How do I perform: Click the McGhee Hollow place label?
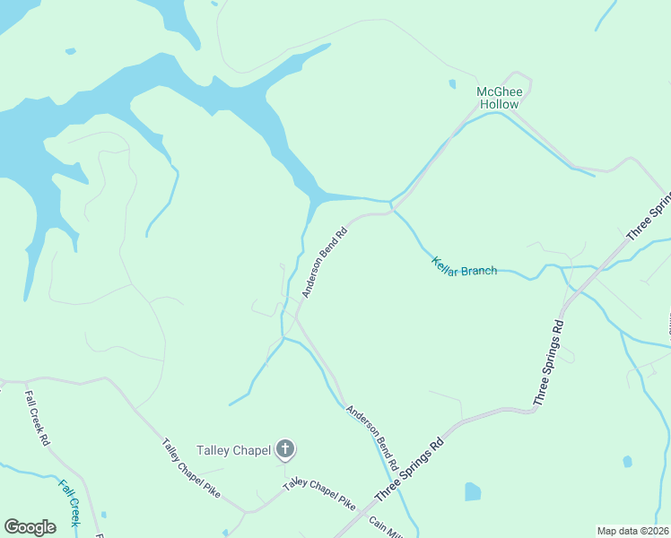498,98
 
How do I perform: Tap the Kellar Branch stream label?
464,266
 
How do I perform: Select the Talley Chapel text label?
233,450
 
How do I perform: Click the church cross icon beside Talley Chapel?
285,449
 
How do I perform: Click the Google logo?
30,527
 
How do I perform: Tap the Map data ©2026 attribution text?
632,531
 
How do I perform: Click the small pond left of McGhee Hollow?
452,85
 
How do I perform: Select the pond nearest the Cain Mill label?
472,491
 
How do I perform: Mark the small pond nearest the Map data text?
627,462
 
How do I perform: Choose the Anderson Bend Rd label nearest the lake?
324,263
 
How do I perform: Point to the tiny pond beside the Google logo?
104,515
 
